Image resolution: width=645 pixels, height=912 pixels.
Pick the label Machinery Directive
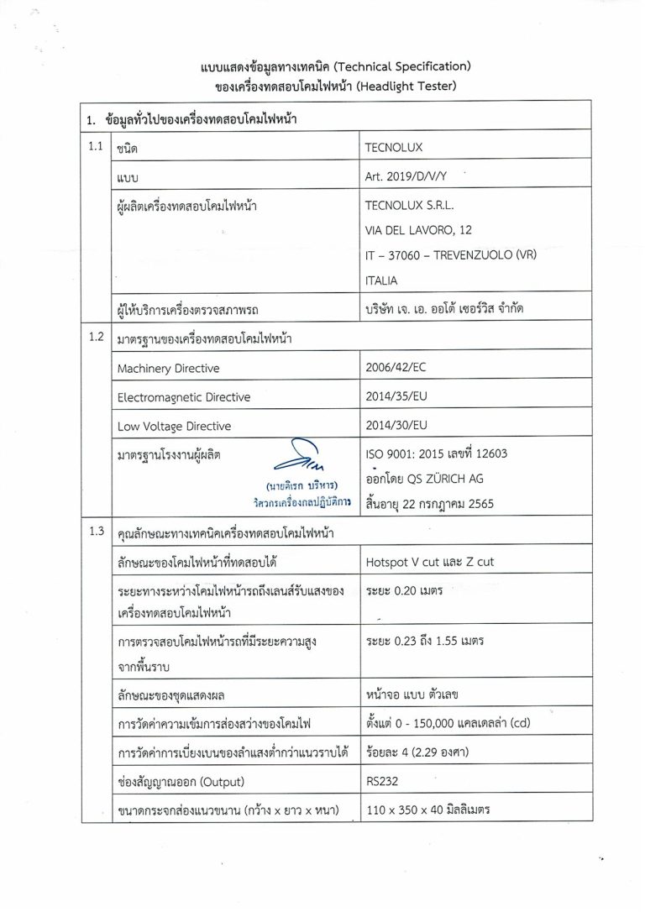[x=168, y=369]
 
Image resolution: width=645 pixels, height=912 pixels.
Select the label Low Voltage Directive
[x=174, y=427]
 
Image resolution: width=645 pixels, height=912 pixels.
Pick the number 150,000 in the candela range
[x=436, y=722]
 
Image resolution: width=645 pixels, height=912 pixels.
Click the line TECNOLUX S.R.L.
[x=409, y=204]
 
